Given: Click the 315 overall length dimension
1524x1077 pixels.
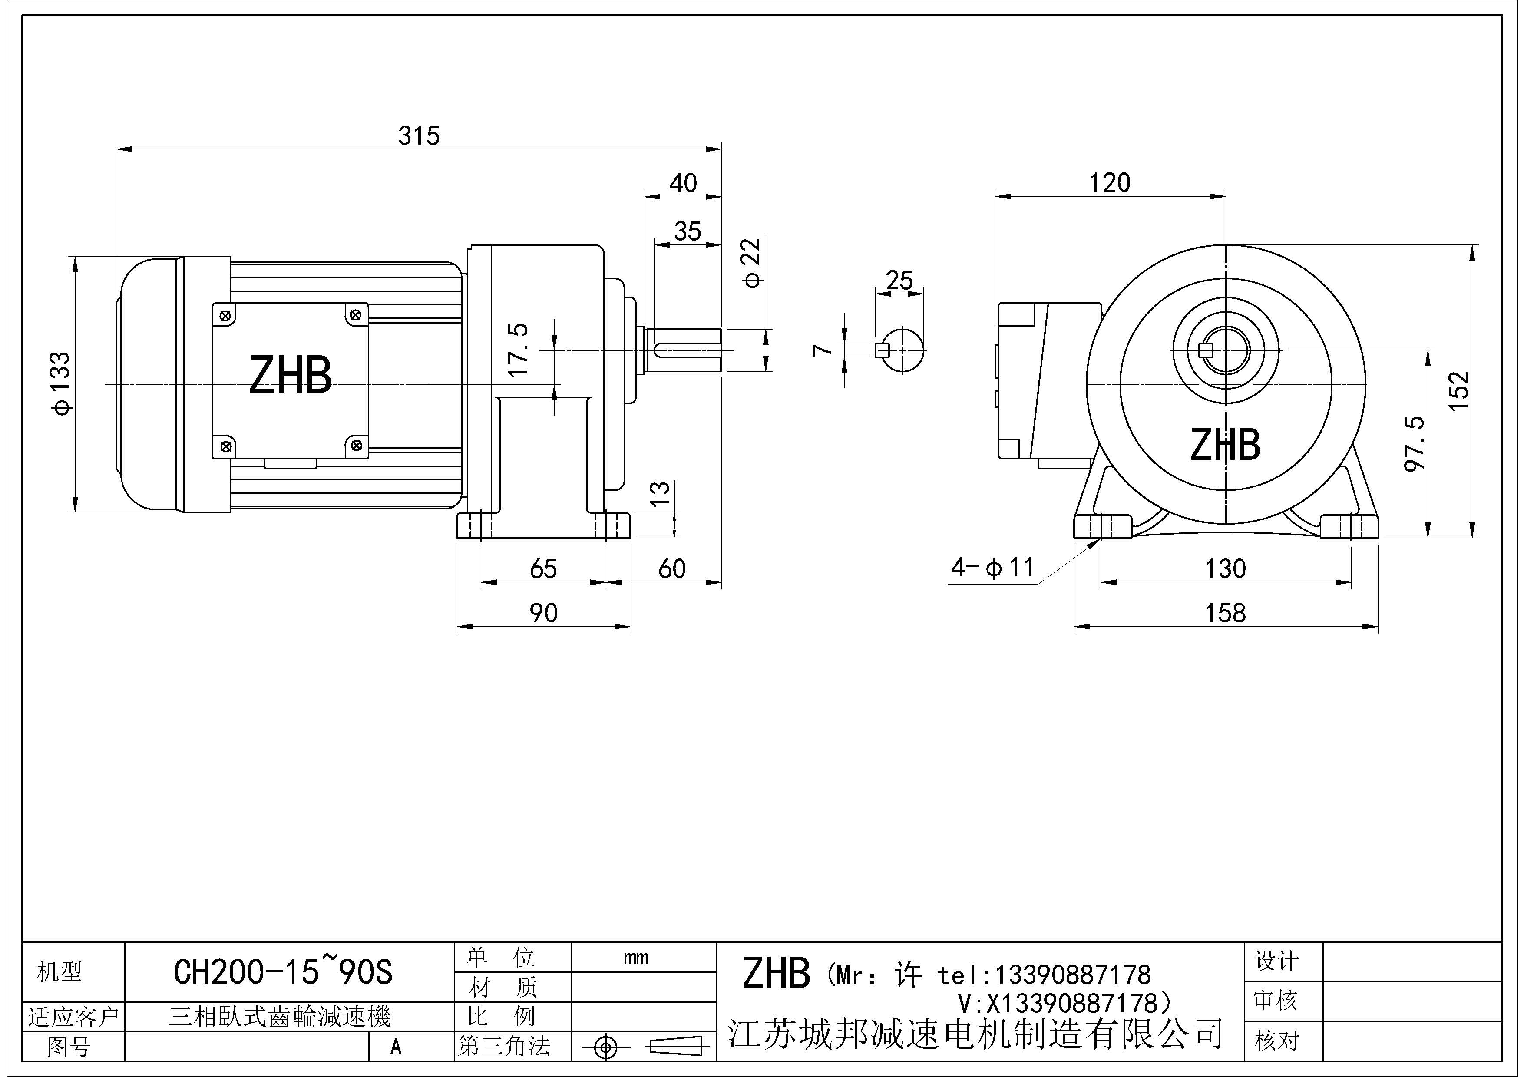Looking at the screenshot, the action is click(419, 136).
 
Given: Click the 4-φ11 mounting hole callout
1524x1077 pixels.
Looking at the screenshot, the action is click(992, 567).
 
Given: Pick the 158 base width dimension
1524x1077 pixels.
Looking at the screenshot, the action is click(1225, 612).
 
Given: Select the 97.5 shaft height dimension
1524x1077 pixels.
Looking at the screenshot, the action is click(1415, 444).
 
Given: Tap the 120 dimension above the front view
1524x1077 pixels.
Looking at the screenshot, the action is click(1110, 182).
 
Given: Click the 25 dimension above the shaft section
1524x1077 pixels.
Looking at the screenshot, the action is click(899, 280).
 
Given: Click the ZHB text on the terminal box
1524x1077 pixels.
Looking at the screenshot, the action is click(290, 376).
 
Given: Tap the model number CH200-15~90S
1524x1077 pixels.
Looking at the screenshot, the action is click(283, 972).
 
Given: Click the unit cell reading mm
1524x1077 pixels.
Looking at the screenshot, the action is click(636, 958).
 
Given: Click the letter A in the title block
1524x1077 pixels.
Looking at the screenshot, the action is click(396, 1047).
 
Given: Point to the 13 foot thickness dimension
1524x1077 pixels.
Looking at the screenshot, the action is click(659, 494).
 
